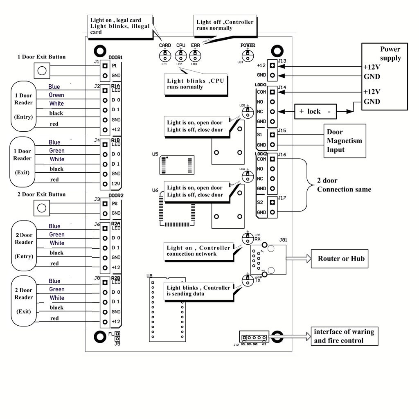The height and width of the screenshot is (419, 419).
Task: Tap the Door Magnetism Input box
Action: tap(345, 141)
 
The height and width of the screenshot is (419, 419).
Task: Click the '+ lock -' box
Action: tap(314, 111)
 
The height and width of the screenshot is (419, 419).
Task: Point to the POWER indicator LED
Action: tap(247, 53)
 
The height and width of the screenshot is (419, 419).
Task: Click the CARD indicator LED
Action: tap(165, 54)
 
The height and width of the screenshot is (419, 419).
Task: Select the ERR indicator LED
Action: tap(195, 54)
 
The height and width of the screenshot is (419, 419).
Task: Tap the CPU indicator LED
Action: tap(180, 54)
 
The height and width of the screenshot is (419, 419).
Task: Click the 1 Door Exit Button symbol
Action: tap(41, 71)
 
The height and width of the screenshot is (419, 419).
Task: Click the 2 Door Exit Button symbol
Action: tap(41, 208)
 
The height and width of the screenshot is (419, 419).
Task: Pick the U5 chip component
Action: tap(177, 164)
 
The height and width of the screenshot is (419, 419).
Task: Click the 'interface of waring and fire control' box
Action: tap(344, 336)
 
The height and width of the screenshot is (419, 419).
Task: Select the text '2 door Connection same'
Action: tap(344, 185)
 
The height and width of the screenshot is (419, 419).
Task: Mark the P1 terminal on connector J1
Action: tap(105, 66)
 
